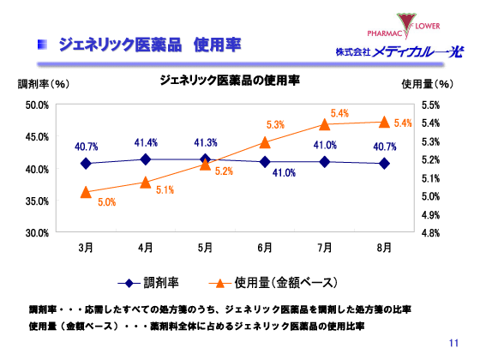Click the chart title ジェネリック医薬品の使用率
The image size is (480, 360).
pyautogui.click(x=229, y=81)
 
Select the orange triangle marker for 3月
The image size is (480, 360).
pyautogui.click(x=86, y=192)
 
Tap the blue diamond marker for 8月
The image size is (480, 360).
pyautogui.click(x=385, y=163)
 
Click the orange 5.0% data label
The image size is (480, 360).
pyautogui.click(x=106, y=203)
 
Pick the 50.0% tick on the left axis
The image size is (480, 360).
pyautogui.click(x=36, y=105)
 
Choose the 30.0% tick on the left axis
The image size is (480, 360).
pyautogui.click(x=36, y=232)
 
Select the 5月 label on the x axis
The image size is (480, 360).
pyautogui.click(x=205, y=248)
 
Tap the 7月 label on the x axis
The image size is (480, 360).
pyautogui.click(x=325, y=248)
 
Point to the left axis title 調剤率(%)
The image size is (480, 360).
pyautogui.click(x=43, y=84)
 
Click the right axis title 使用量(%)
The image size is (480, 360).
pyautogui.click(x=426, y=84)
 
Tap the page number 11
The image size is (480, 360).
pyautogui.click(x=454, y=344)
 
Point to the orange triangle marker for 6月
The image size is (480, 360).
pyautogui.click(x=265, y=142)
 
